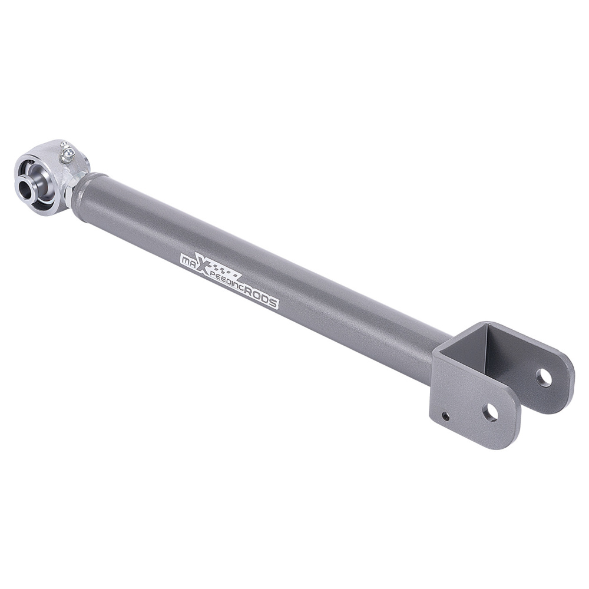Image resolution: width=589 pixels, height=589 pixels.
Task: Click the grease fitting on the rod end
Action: click(68, 154)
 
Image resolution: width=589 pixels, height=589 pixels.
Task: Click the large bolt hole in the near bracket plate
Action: click(490, 412)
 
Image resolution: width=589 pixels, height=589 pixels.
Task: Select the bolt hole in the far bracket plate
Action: click(544, 378)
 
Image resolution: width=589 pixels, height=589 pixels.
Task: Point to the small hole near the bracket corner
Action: click(445, 416)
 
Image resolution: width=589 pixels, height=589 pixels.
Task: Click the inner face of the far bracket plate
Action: click(518, 359)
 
